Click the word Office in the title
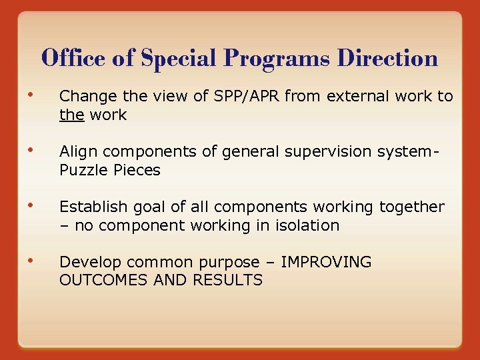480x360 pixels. coord(73,59)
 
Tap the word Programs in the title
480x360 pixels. coord(277,59)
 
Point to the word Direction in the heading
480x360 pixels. coord(387,59)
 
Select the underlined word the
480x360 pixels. coord(71,115)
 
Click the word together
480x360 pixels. coord(411,207)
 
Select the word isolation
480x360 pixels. coord(311,226)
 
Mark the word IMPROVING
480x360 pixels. coord(327,263)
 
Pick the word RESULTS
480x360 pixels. coord(228,281)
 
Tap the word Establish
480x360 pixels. coord(90,207)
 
